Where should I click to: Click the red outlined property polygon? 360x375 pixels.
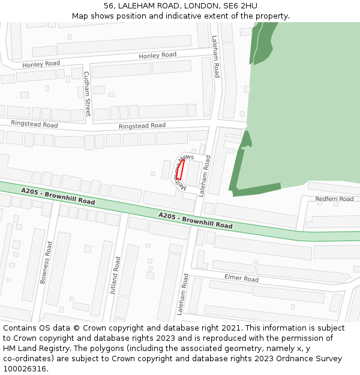(180, 170)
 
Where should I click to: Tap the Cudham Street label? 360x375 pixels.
(87, 94)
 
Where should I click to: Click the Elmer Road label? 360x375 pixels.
(241, 278)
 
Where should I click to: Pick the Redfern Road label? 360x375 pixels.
(334, 199)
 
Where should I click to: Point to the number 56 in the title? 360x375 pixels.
(109, 6)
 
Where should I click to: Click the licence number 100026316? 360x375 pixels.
(25, 369)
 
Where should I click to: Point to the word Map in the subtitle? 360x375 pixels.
(80, 16)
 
